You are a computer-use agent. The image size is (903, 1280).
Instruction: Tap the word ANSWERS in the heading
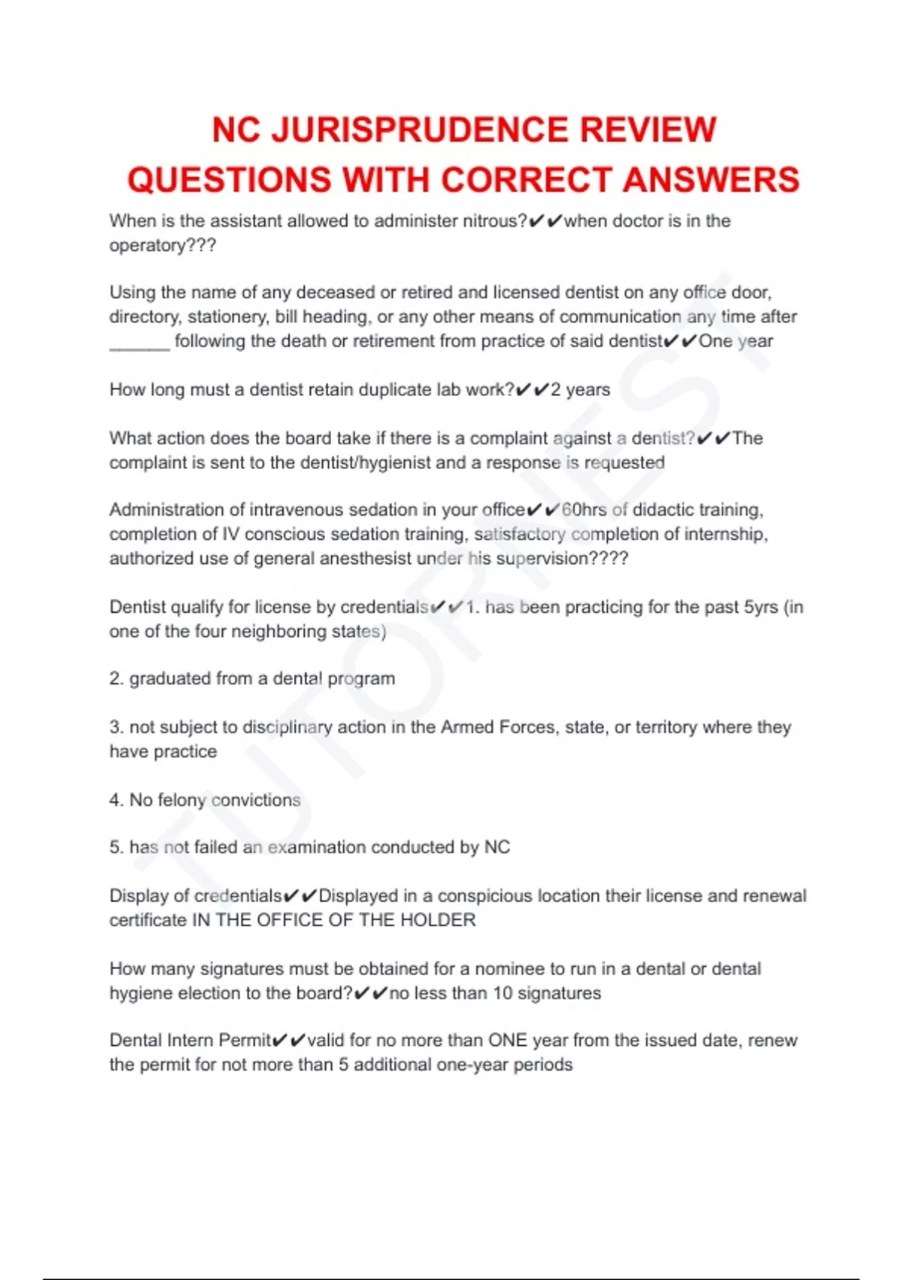point(711,180)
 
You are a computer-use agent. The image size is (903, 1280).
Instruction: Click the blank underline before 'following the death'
point(139,343)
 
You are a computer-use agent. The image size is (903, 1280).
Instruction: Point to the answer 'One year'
point(735,341)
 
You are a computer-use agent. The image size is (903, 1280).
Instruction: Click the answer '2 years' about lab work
point(580,389)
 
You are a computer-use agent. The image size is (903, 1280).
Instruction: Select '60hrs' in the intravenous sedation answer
point(584,510)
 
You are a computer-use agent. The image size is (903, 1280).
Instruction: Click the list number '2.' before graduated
point(116,678)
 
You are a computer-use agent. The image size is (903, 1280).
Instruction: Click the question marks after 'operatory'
point(200,245)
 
